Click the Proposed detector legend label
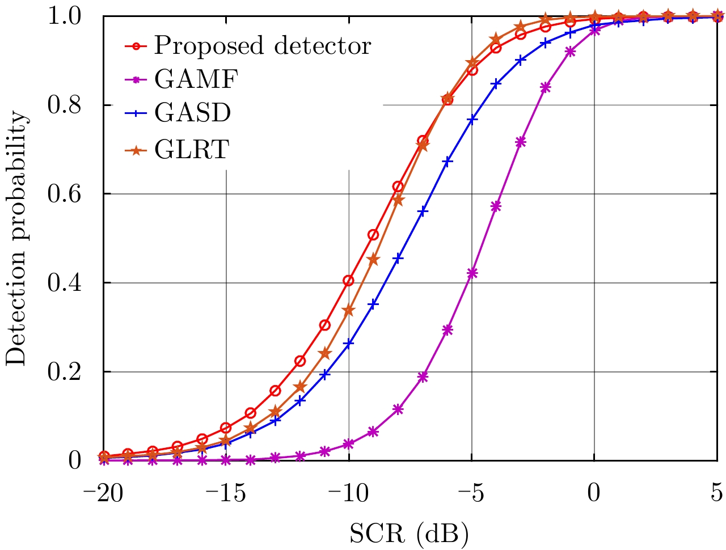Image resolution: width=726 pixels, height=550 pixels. [x=262, y=45]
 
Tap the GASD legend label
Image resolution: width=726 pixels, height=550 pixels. [x=193, y=113]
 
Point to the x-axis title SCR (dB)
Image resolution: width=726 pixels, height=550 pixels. [x=409, y=534]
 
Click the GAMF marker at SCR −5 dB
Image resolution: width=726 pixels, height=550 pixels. [x=472, y=273]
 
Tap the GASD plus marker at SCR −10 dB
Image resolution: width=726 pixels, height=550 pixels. [x=349, y=344]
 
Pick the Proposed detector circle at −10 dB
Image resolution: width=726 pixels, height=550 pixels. [x=349, y=281]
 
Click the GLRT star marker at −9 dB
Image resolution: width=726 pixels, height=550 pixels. [x=373, y=260]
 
